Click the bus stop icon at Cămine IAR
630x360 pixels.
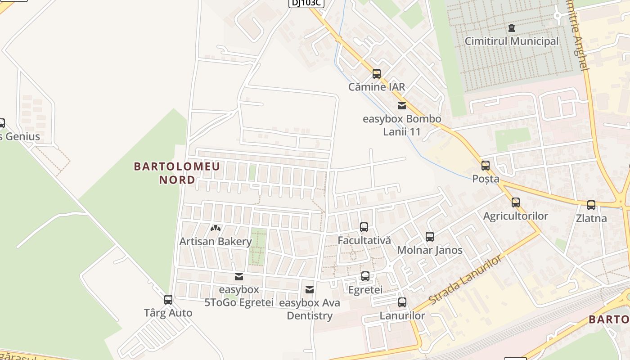pyautogui.click(x=377, y=73)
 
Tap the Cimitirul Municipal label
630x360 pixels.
pyautogui.click(x=512, y=41)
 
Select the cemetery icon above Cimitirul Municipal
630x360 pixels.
pyautogui.click(x=511, y=28)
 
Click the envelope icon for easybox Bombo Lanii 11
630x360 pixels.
pyautogui.click(x=402, y=106)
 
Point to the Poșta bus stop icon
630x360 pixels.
pyautogui.click(x=485, y=165)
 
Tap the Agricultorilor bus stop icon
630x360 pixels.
pyautogui.click(x=516, y=202)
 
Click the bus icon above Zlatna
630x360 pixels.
pyautogui.click(x=591, y=205)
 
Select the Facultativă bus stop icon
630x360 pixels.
pyautogui.click(x=364, y=227)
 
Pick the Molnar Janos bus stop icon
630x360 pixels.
pyautogui.click(x=430, y=236)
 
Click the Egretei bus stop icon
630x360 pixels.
pyautogui.click(x=365, y=276)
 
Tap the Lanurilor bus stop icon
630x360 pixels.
pyautogui.click(x=402, y=302)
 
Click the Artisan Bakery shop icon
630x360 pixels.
pyautogui.click(x=216, y=228)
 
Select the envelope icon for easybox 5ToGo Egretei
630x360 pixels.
pyautogui.click(x=238, y=276)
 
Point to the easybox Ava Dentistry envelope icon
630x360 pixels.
pyautogui.click(x=310, y=290)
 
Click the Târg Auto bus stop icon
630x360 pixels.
pyautogui.click(x=168, y=299)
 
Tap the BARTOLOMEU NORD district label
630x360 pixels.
pyautogui.click(x=177, y=173)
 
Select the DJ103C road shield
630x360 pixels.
pyautogui.click(x=306, y=3)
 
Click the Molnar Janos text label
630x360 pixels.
pyautogui.click(x=430, y=250)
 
